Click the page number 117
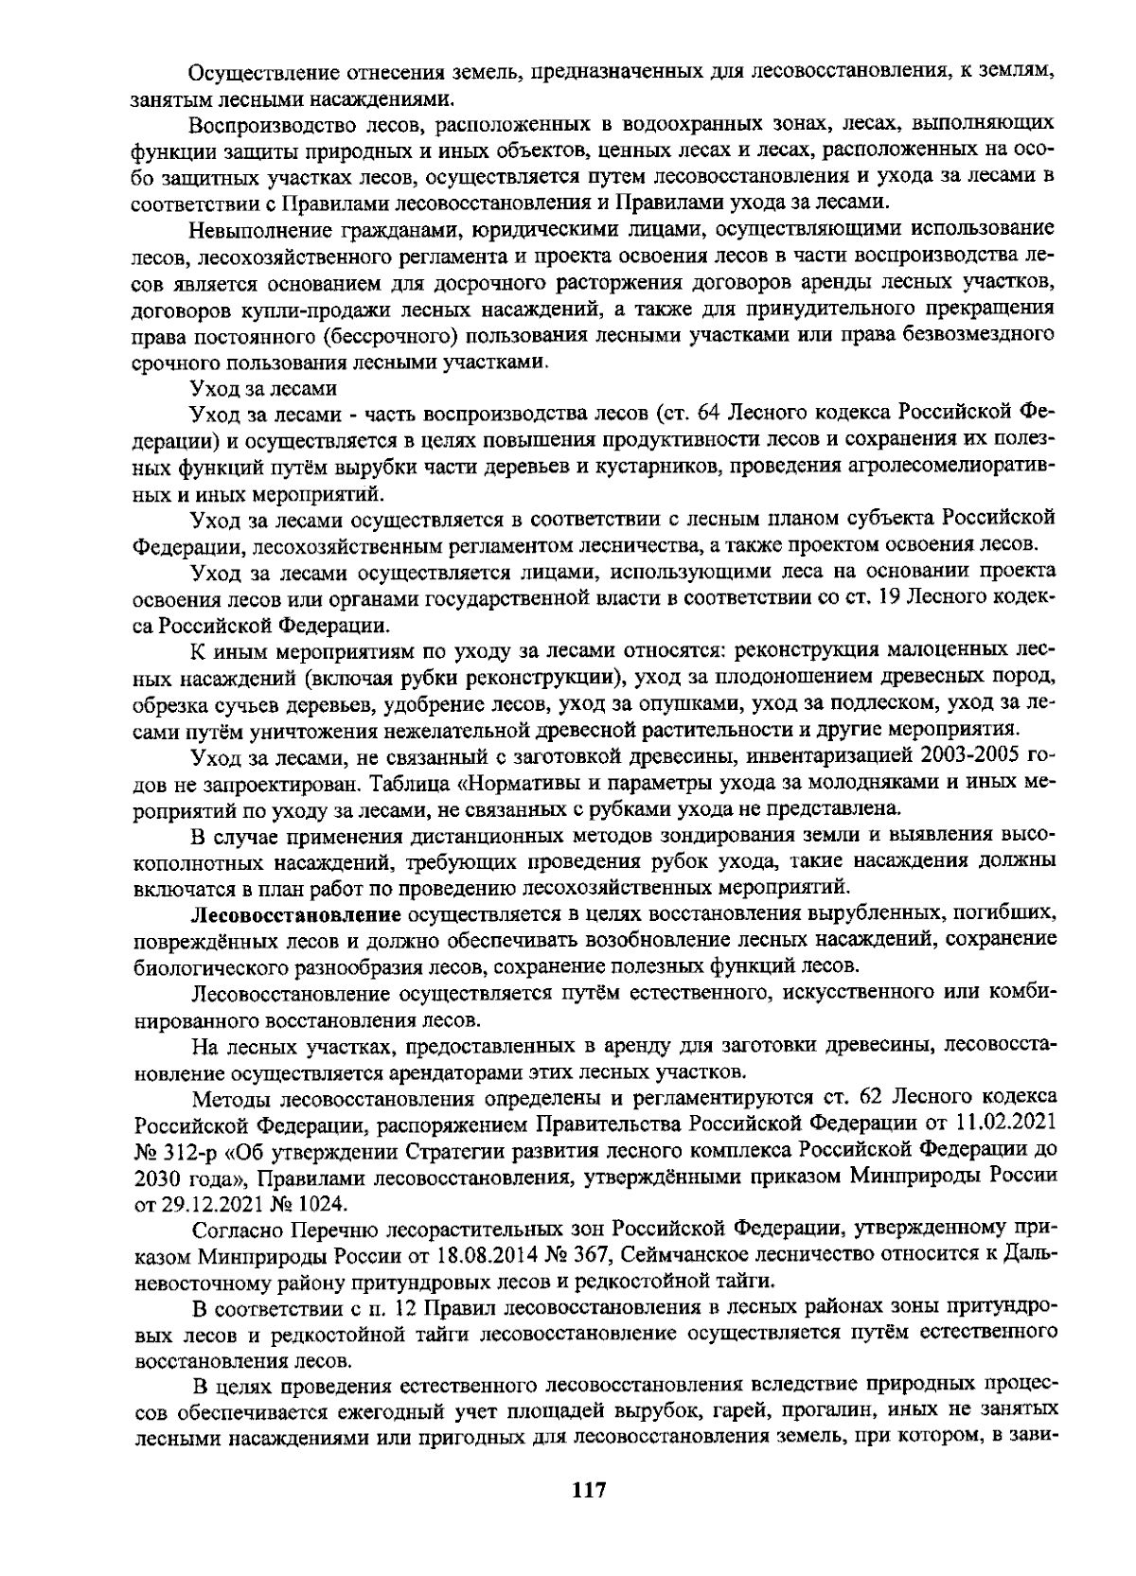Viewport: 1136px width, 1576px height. point(588,1490)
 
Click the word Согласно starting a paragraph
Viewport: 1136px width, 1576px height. point(233,1230)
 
